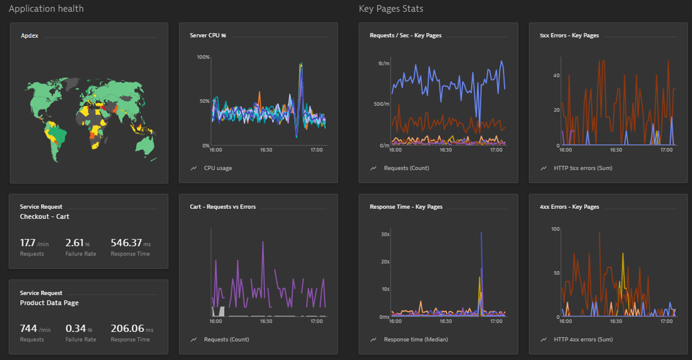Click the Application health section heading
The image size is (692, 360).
tap(47, 9)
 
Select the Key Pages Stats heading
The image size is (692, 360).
tap(391, 9)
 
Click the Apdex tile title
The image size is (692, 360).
tap(30, 36)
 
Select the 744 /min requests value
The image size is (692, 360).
tap(35, 329)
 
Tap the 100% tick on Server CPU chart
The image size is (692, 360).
tap(203, 57)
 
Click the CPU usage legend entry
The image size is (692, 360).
tap(218, 168)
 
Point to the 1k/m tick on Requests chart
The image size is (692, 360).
tap(383, 64)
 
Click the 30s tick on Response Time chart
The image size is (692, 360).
tap(385, 234)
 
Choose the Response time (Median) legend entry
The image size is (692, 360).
tap(416, 339)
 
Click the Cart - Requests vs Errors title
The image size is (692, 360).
tap(223, 207)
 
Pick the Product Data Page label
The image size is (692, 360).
tap(49, 303)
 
